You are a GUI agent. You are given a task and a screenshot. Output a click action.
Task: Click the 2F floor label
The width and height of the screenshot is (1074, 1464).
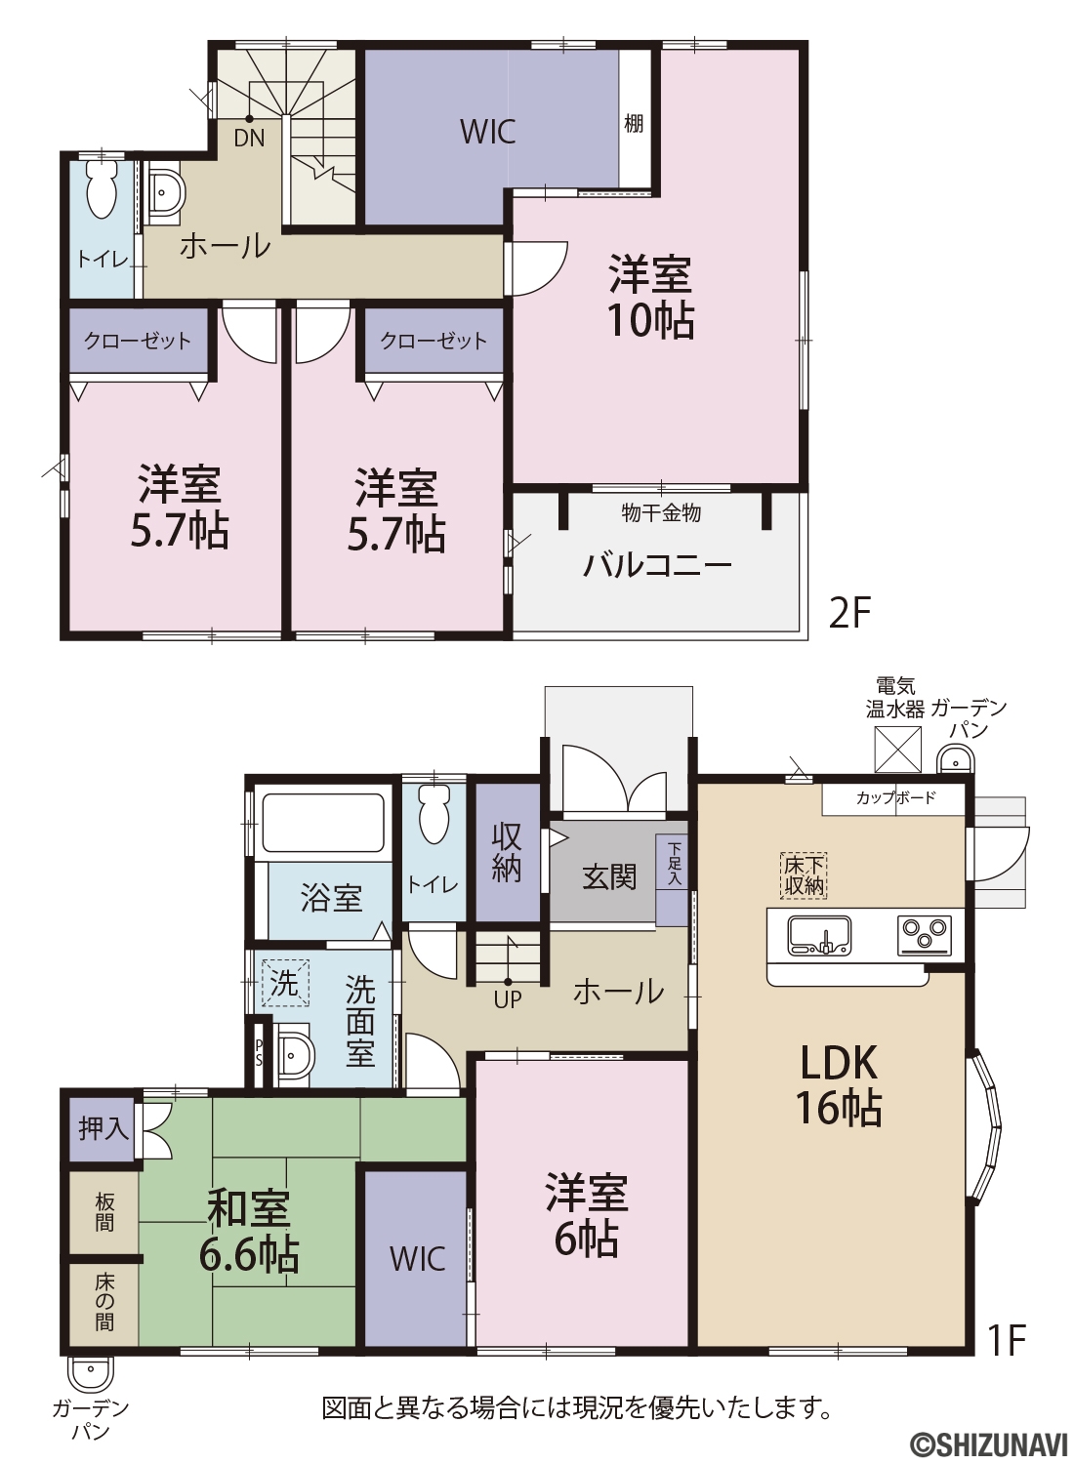click(x=849, y=613)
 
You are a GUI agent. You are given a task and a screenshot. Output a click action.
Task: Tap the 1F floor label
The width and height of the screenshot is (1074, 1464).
click(x=1007, y=1338)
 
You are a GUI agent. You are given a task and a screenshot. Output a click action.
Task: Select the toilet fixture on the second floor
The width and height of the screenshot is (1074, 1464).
click(x=101, y=188)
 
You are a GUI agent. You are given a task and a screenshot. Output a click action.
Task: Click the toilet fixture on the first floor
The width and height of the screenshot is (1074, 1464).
click(x=434, y=814)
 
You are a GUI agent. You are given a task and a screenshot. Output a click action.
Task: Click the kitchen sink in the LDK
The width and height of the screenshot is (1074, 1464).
click(x=820, y=935)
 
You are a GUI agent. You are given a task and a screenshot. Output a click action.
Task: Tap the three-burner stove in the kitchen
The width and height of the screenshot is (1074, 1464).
click(x=924, y=931)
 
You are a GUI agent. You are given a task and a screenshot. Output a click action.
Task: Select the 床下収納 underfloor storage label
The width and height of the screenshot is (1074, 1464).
click(x=805, y=876)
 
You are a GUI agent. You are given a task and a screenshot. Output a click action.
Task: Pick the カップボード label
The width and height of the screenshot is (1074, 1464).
click(x=895, y=797)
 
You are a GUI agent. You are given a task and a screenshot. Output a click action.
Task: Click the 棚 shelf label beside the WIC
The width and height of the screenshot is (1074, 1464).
click(x=634, y=123)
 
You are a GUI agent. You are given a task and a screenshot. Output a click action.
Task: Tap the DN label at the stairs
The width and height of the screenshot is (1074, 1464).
click(x=249, y=139)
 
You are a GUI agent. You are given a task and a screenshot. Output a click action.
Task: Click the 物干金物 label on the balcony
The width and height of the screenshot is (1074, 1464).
click(x=661, y=513)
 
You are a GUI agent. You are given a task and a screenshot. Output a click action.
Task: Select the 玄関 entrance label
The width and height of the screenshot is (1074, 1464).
click(x=609, y=877)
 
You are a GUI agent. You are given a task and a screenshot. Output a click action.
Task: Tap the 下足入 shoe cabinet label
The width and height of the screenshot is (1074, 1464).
click(x=674, y=864)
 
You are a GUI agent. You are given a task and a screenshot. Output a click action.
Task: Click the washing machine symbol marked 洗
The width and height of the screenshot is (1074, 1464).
click(x=284, y=983)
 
